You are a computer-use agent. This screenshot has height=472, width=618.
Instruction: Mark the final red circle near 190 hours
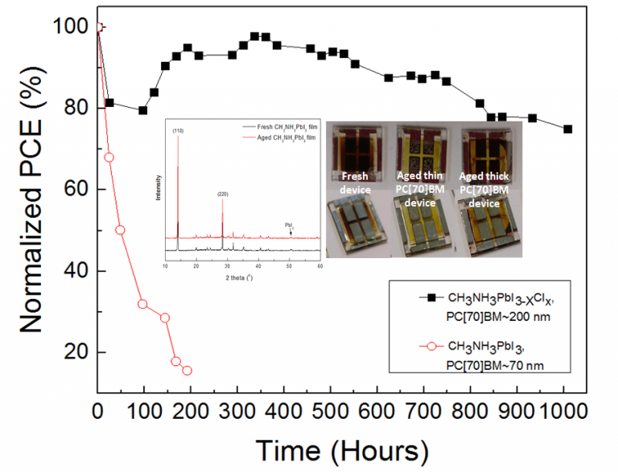pyautogui.click(x=187, y=371)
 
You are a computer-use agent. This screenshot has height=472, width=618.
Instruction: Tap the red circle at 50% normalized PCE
pyautogui.click(x=120, y=230)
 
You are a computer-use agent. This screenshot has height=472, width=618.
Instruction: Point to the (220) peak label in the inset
pyautogui.click(x=223, y=194)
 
